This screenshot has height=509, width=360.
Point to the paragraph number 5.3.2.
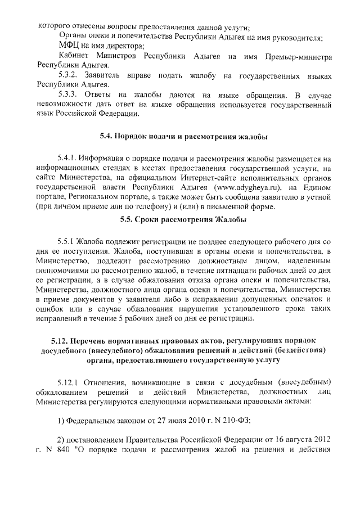(x=71, y=75)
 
